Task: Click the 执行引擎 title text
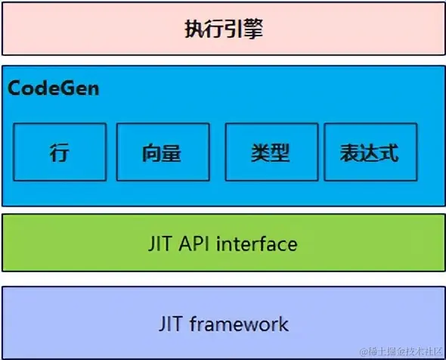[224, 29]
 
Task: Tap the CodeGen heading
[54, 88]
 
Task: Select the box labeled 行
[60, 152]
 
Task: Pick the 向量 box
[163, 152]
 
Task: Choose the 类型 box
[271, 152]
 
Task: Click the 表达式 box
[370, 152]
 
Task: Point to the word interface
[257, 244]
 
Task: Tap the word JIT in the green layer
[160, 244]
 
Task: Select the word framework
[239, 324]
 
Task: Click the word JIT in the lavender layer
[170, 324]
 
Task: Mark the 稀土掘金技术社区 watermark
[401, 352]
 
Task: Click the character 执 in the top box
[195, 29]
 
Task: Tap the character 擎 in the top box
[253, 29]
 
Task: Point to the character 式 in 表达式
[389, 153]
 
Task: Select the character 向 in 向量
[152, 153]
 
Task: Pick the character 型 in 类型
[280, 153]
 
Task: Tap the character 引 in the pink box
[234, 29]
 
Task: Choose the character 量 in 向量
[172, 153]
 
